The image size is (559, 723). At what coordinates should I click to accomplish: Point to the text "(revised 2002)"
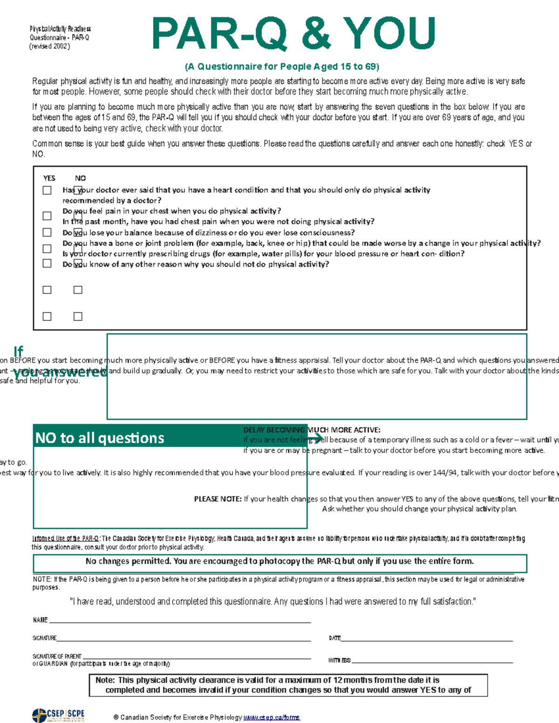pyautogui.click(x=49, y=47)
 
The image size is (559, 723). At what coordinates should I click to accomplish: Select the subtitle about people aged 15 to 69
pyautogui.click(x=282, y=66)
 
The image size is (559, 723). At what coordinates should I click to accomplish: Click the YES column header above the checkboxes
pyautogui.click(x=49, y=178)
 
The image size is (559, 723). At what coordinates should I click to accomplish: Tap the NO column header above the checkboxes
pyautogui.click(x=80, y=178)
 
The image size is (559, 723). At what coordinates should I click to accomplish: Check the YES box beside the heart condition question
pyautogui.click(x=47, y=190)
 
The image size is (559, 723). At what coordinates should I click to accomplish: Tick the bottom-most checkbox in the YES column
pyautogui.click(x=47, y=317)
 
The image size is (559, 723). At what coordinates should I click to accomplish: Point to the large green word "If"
pyautogui.click(x=18, y=351)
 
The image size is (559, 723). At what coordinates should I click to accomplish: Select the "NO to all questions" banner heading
pyautogui.click(x=100, y=438)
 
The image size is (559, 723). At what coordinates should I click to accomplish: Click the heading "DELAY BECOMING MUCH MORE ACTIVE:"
pyautogui.click(x=312, y=430)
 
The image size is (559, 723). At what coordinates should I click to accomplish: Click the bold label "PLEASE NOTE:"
pyautogui.click(x=218, y=499)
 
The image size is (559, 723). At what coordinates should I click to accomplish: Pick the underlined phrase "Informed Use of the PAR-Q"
pyautogui.click(x=65, y=539)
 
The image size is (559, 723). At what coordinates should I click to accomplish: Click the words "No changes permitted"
pyautogui.click(x=128, y=561)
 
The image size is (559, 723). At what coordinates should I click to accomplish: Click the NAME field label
pyautogui.click(x=40, y=620)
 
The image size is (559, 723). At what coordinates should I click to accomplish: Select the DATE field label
pyautogui.click(x=334, y=638)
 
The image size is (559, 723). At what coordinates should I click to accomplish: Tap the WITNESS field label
pyautogui.click(x=339, y=660)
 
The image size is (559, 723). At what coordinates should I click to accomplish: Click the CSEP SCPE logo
pyautogui.click(x=58, y=715)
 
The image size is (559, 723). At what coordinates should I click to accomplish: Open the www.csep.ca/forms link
pyautogui.click(x=272, y=717)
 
